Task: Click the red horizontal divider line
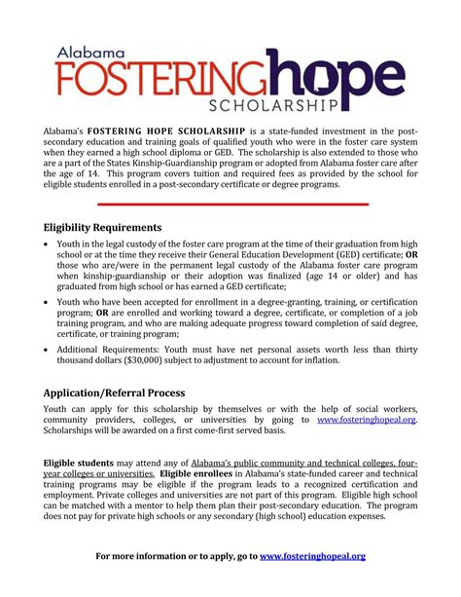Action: coord(232,205)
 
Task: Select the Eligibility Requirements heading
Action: coord(103,228)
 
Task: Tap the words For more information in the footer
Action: coord(135,556)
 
